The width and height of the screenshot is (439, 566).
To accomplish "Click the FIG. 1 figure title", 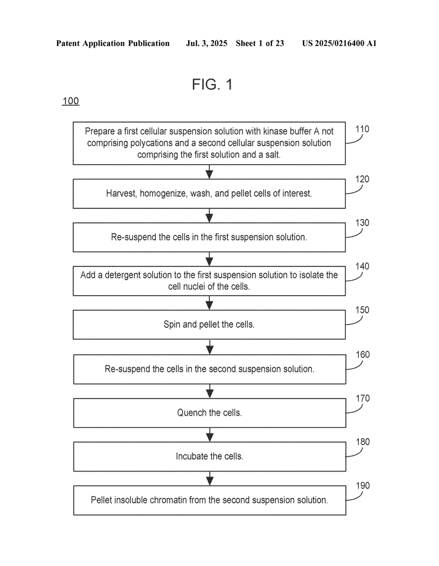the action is click(212, 85).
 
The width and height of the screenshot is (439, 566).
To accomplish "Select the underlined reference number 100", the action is click(70, 101).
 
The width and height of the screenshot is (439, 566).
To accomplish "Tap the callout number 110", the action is click(362, 129).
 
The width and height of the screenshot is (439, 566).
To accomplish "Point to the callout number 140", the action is click(362, 266).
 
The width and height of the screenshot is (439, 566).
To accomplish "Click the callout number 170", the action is click(363, 398).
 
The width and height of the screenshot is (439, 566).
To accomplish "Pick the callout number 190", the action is click(363, 485).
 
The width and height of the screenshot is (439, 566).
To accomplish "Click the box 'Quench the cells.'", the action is click(210, 413).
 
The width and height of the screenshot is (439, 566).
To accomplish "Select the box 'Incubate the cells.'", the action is click(210, 457).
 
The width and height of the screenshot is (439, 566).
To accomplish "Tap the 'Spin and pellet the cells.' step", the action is click(210, 324).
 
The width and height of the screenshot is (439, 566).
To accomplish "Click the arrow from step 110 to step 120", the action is click(210, 172).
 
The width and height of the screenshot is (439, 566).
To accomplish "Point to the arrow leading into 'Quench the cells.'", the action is click(210, 391).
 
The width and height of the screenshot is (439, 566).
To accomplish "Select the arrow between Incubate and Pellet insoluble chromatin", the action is click(210, 479).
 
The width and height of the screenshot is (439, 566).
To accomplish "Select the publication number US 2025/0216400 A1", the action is click(339, 44).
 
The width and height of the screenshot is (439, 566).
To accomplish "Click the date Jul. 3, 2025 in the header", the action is click(206, 44).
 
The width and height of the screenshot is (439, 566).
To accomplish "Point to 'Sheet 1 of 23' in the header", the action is click(260, 44).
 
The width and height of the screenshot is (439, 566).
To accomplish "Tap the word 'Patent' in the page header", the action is click(68, 44).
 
